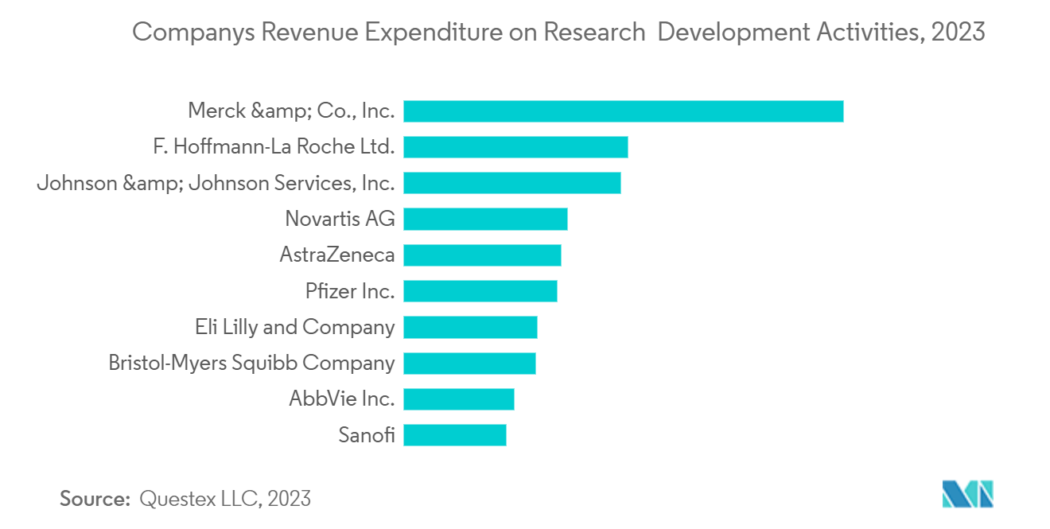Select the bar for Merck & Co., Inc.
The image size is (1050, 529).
click(623, 111)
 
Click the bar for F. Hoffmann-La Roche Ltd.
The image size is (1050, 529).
click(515, 147)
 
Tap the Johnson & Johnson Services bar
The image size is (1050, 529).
click(511, 183)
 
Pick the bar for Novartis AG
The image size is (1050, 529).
click(485, 219)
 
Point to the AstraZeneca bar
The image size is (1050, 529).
click(482, 255)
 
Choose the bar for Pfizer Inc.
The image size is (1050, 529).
click(480, 291)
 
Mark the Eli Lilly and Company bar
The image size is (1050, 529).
click(470, 327)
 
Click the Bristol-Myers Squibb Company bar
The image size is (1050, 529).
click(469, 363)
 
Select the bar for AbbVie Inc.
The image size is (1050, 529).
click(458, 399)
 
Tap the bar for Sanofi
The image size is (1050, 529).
click(454, 435)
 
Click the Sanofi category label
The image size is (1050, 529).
click(366, 435)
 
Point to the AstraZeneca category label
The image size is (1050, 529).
click(337, 255)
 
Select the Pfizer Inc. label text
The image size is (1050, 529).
click(350, 291)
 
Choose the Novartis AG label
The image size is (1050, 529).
click(340, 219)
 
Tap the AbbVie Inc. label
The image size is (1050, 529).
click(342, 399)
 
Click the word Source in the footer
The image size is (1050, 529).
click(95, 500)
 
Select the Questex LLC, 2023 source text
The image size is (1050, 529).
click(225, 500)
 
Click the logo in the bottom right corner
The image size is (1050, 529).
click(967, 494)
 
